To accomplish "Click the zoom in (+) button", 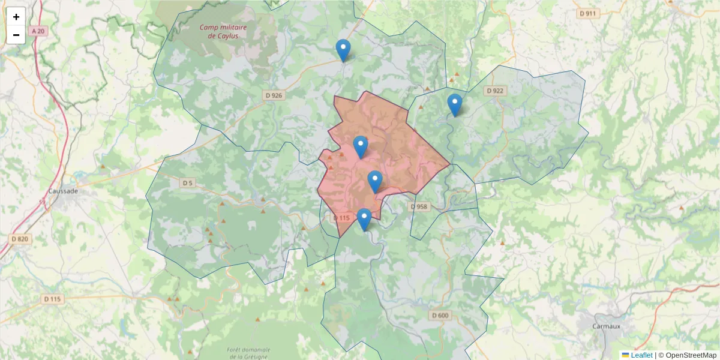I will [16, 17].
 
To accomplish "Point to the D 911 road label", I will [588, 13].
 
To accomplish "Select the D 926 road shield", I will [273, 95].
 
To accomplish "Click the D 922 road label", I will [495, 91].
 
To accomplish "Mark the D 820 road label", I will [20, 239].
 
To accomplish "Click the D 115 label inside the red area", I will [340, 218].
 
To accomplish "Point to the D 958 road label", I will [420, 206].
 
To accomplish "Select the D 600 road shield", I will [439, 316].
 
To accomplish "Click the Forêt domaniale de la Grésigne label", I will [248, 353].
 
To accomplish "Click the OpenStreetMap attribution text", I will [691, 355].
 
